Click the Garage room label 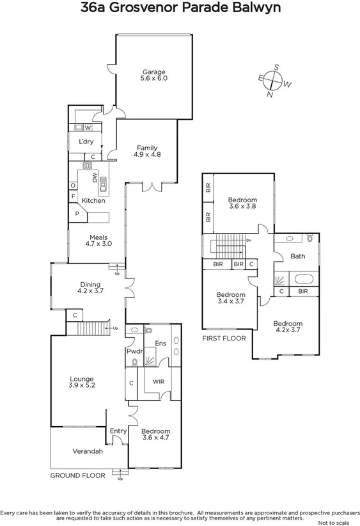click(153, 72)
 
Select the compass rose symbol click(274, 80)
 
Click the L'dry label click(86, 141)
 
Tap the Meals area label click(98, 235)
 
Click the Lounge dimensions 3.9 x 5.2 click(82, 386)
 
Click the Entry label click(118, 431)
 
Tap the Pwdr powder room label click(133, 351)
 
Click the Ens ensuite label click(162, 344)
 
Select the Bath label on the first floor click(297, 256)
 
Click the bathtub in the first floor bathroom click(304, 279)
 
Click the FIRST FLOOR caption click(224, 338)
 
